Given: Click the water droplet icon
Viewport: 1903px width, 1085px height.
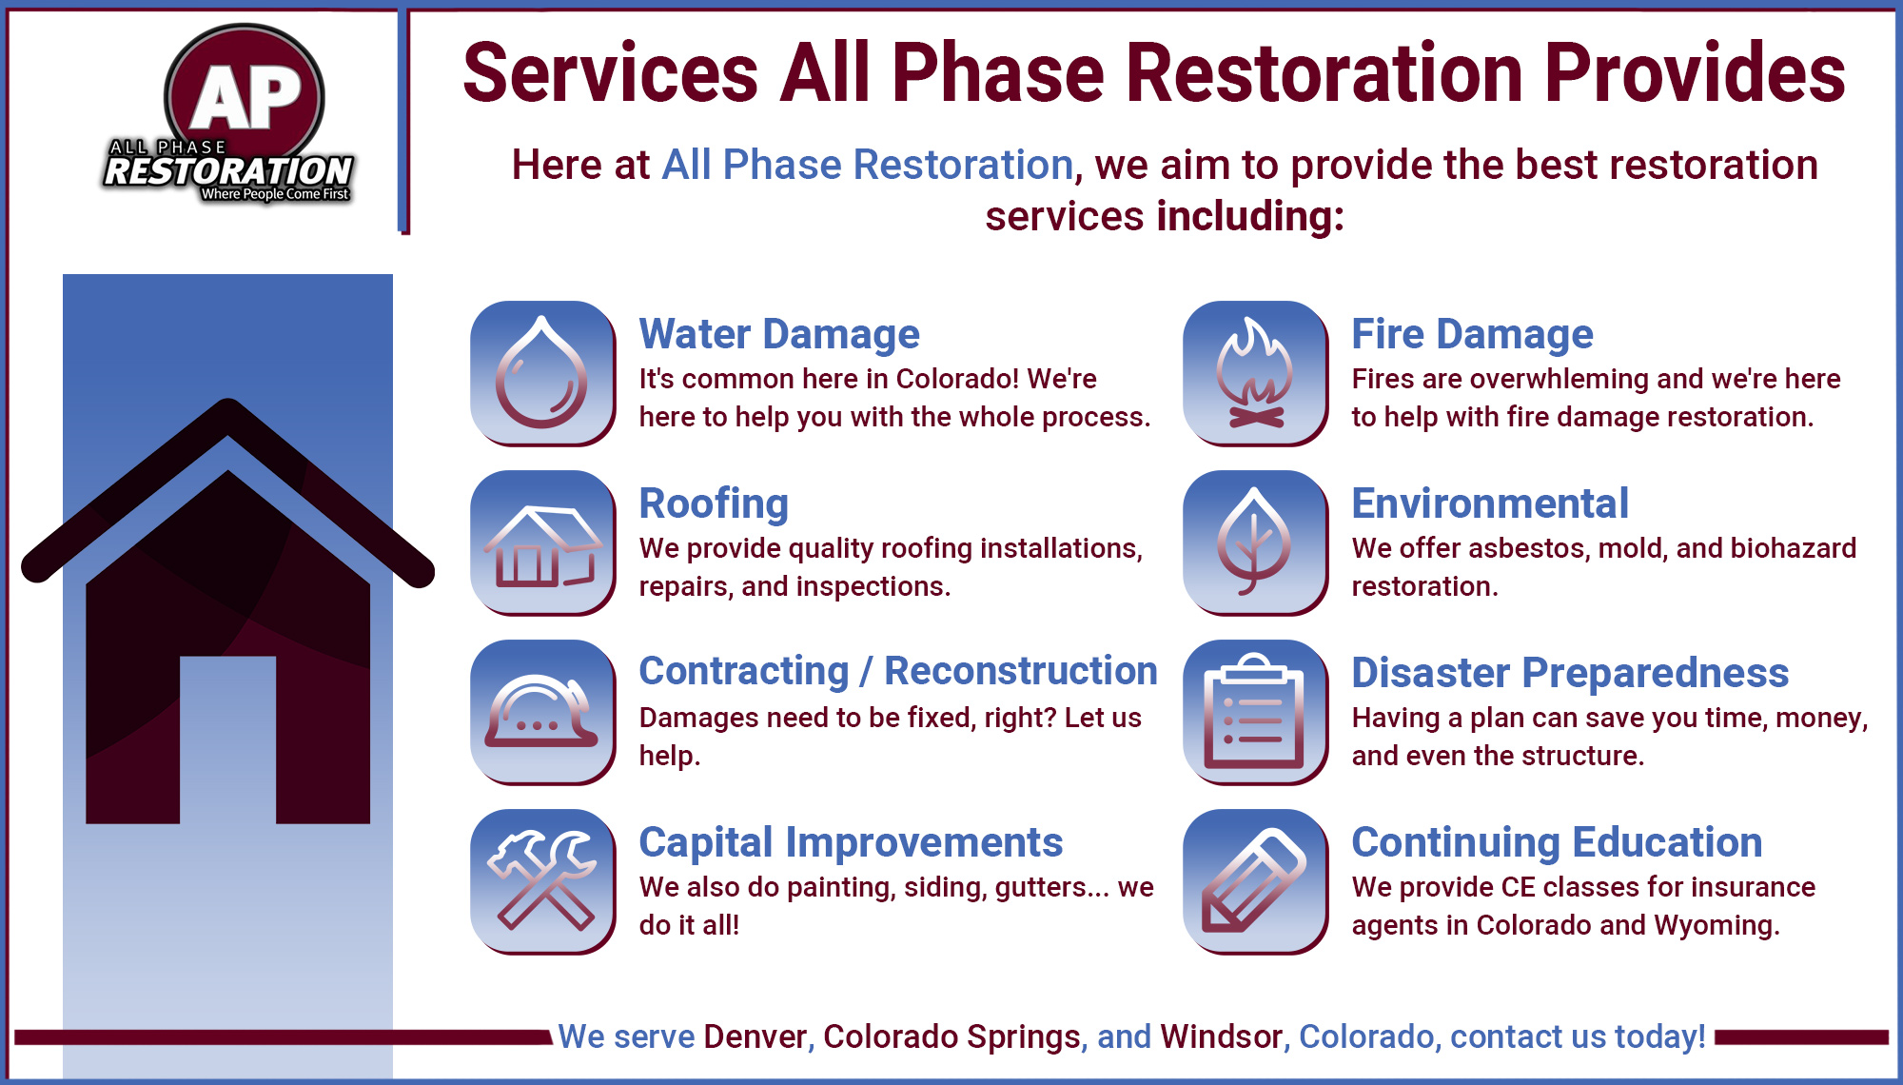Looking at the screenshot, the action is pos(542,373).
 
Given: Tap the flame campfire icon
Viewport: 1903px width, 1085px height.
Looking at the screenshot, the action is pos(1255,373).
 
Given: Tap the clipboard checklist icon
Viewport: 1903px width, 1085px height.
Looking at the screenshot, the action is pos(1255,712).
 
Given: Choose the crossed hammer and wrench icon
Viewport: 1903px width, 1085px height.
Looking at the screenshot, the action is pos(542,881).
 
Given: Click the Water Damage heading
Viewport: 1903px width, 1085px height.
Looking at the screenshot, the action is pos(779,334).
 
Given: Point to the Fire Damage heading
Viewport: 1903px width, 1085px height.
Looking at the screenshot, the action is pos(1472,334).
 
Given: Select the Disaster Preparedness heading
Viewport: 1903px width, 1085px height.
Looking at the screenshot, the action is pos(1570,673).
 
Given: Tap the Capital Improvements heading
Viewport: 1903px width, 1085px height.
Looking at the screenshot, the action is pos(851,842).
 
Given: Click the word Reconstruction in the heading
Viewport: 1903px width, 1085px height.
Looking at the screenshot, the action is pos(1021,671).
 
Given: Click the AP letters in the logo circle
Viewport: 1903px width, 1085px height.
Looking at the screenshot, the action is pos(245,98).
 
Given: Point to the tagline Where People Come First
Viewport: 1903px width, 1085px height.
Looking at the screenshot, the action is pos(275,194).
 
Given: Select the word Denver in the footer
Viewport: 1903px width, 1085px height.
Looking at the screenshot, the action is pos(755,1036).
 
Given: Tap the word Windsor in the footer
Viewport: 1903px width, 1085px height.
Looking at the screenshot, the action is pos(1221,1036).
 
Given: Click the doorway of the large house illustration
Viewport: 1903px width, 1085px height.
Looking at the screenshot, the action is pos(228,740).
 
